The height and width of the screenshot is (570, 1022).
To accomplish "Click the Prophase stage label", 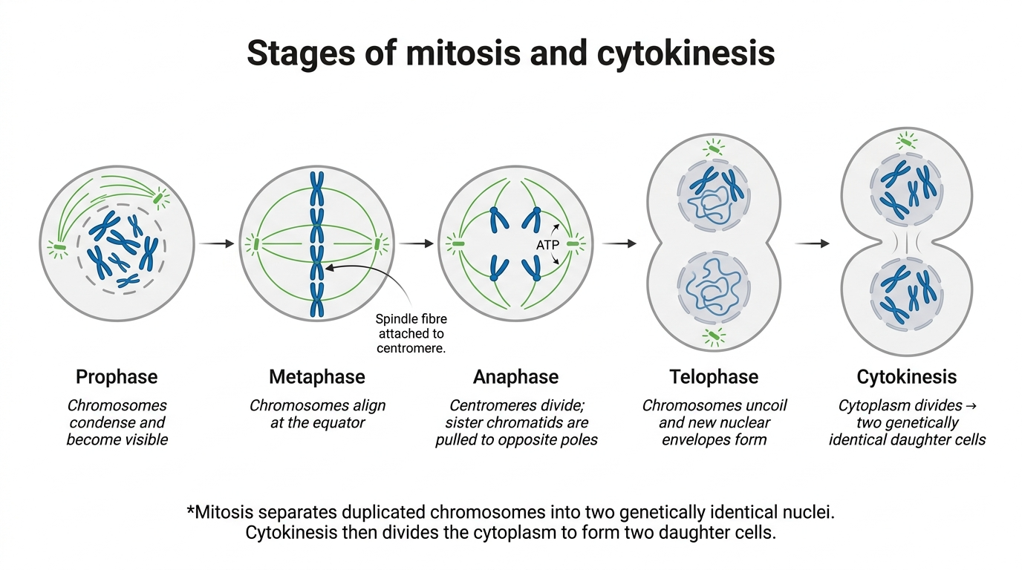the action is tap(117, 377).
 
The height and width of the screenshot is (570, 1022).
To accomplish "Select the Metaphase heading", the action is tap(317, 377).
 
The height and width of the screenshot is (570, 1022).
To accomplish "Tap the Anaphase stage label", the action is tap(515, 377).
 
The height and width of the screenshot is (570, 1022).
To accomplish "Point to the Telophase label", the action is tap(714, 377).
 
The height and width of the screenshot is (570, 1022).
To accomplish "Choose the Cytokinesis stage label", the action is tap(907, 377).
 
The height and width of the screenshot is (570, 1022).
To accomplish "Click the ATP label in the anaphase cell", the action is tap(547, 246).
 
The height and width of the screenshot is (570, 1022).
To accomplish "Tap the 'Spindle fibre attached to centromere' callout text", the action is tap(411, 333).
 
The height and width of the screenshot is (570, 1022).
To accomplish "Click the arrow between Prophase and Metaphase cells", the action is tap(216, 243).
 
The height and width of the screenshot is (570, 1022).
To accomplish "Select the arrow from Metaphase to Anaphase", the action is tap(416, 243).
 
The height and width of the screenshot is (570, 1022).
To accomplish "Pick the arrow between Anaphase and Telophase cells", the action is tap(619, 243).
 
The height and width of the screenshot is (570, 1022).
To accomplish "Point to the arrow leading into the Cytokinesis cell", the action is tap(812, 243).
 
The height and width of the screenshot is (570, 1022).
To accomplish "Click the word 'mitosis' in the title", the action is tap(463, 53).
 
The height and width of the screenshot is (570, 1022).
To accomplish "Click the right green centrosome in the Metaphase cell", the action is tap(378, 244).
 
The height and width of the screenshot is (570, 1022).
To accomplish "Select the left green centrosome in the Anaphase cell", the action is tap(457, 244).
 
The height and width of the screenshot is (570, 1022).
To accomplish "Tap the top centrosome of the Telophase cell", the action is tap(714, 148).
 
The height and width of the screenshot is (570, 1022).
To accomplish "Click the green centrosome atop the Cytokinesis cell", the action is tap(906, 142).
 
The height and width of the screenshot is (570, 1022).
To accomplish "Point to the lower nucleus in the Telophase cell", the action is tap(713, 288).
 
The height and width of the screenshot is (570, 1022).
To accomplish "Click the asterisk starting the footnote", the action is tap(191, 510).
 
